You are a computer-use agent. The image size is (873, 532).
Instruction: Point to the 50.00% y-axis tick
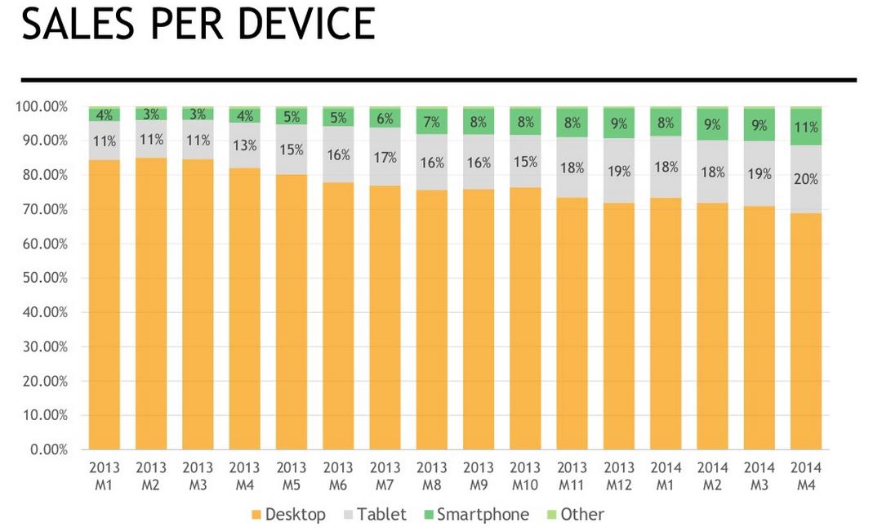tap(42, 278)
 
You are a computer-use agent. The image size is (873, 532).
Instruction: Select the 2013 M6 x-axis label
tap(338, 476)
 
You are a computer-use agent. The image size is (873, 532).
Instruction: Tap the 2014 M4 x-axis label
tap(806, 476)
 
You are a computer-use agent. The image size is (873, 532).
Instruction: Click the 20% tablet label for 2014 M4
tap(805, 179)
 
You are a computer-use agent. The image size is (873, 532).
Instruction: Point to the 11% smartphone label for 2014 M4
tap(805, 127)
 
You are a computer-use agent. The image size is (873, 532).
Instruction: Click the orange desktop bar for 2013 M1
tap(105, 302)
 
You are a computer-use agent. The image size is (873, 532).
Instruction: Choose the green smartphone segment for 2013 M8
tap(431, 121)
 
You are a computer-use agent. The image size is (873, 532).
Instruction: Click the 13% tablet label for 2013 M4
tap(244, 146)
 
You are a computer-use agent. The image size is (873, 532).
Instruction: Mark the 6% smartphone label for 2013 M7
tap(385, 118)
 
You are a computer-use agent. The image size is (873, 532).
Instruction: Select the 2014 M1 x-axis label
tap(666, 476)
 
